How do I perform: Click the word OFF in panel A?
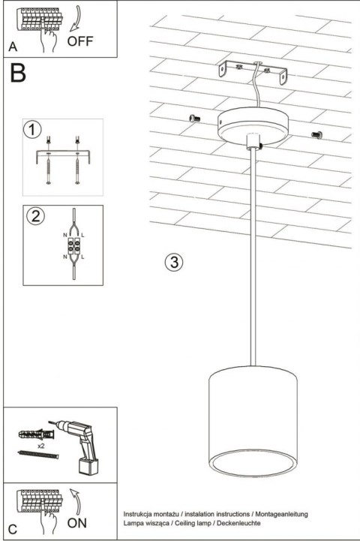pos(81,41)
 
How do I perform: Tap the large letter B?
pos(18,74)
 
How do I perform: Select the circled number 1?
pos(31,131)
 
